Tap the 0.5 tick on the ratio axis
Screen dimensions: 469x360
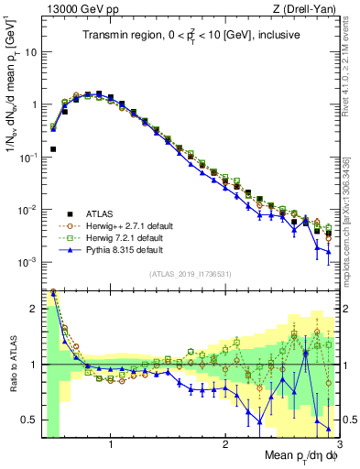coord(31,420)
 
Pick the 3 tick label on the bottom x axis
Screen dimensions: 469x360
coord(338,444)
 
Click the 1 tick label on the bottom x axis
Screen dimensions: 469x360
coord(111,444)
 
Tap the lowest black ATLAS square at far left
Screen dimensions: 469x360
coord(53,148)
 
